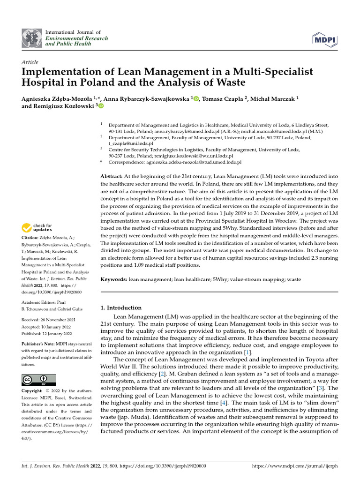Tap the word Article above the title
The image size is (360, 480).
click(30, 62)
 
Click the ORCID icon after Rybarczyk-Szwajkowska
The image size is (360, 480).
click(195, 98)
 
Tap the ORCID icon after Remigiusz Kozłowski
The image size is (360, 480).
click(101, 106)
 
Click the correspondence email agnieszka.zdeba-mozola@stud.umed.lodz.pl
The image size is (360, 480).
click(197, 162)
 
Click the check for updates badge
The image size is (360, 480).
click(37, 228)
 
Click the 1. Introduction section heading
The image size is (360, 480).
click(121, 308)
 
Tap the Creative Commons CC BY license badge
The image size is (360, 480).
click(38, 380)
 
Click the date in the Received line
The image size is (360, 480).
click(57, 319)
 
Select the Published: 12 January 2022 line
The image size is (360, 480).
click(47, 334)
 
